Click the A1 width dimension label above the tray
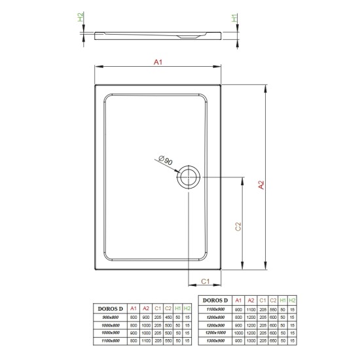point(157,62)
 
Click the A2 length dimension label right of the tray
point(261,185)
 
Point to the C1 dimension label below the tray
point(204,281)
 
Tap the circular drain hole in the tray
point(189,177)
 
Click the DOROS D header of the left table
point(109,308)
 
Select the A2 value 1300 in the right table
point(250,341)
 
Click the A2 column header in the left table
point(145,308)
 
